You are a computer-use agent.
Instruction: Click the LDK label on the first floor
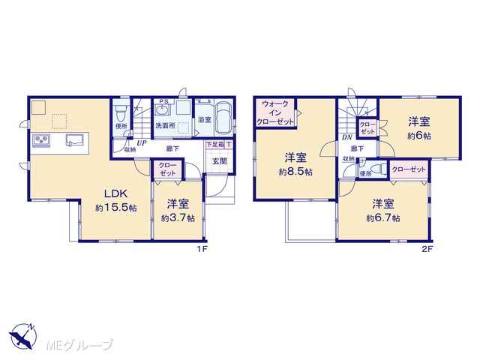point(115,193)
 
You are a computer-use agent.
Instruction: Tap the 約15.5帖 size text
point(115,208)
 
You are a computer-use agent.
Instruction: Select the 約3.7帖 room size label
point(178,218)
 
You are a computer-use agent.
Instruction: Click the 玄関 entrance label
point(220,161)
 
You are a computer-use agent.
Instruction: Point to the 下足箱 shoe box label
point(215,145)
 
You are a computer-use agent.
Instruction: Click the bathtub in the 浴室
point(225,118)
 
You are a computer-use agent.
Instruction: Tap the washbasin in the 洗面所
point(161,109)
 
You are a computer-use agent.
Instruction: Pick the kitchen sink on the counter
point(74,139)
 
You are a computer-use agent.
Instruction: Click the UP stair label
point(141,143)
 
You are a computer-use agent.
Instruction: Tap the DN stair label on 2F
point(346,137)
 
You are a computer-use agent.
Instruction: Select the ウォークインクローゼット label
point(275,112)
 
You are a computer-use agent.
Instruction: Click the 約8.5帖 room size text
point(295,172)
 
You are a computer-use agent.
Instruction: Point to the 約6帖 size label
point(419,136)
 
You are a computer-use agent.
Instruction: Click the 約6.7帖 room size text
point(383,218)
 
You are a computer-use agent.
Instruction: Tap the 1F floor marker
point(202,249)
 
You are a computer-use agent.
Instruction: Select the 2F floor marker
point(427,249)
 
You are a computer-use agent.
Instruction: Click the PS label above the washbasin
point(163,101)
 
